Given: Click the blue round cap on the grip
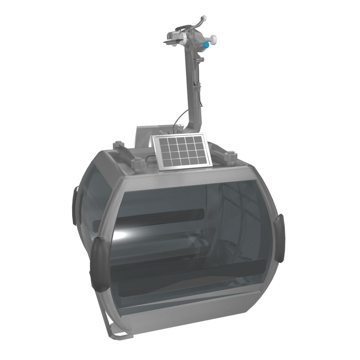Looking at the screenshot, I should point(206,45).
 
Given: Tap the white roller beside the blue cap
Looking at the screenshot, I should point(213,38).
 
